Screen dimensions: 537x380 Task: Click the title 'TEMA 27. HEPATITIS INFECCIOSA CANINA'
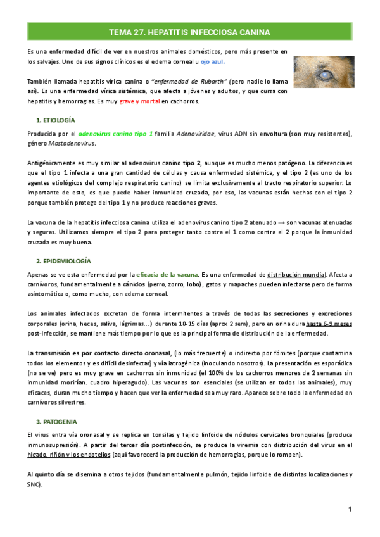click(190, 32)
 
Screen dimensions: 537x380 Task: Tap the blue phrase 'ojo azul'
click(212, 63)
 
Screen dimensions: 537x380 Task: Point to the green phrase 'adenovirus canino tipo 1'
click(116, 134)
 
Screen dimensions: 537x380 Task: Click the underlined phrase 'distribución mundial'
click(296, 275)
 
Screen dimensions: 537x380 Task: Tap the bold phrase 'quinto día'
click(51, 474)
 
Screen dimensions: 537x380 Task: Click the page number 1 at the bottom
click(350, 510)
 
